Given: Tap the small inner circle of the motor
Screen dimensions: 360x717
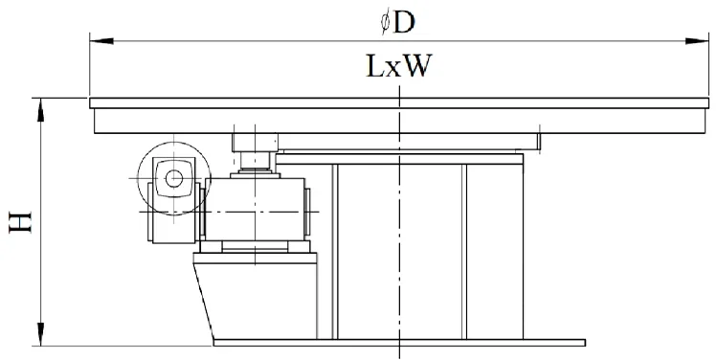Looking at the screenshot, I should [x=173, y=177].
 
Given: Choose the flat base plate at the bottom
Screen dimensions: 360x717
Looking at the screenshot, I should [x=397, y=343].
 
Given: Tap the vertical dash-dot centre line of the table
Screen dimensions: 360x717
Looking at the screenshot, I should [x=398, y=230].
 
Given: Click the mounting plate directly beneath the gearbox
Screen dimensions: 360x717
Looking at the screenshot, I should [x=257, y=251].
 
